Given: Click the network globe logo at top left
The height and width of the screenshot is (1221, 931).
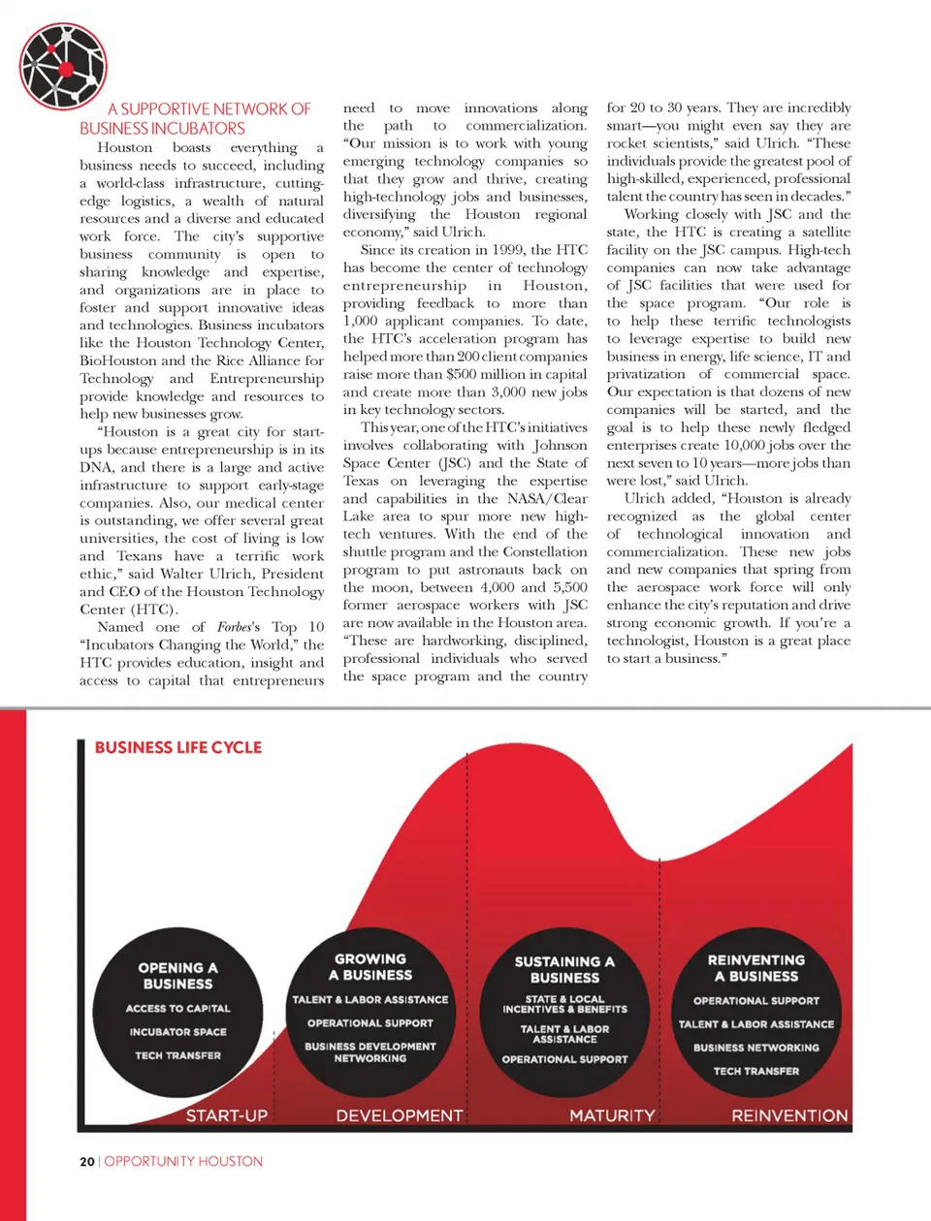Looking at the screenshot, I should pos(63,66).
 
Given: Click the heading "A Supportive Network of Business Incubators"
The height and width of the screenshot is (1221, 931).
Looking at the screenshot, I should pos(195,118).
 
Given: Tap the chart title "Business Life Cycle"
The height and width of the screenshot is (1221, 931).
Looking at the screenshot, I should pos(178,747).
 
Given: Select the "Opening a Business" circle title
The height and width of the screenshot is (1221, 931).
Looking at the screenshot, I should pos(177,975).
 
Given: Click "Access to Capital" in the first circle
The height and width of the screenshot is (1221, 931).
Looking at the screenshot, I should pos(177,1009).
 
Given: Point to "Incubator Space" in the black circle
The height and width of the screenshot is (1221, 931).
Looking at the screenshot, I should pos(177,1032).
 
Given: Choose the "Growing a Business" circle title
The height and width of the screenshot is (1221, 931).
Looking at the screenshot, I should pos(370,966).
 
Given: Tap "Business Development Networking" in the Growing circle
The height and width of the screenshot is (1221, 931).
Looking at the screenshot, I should pos(370,1052).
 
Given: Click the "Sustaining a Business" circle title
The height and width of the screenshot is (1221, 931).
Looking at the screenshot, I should pos(564,969).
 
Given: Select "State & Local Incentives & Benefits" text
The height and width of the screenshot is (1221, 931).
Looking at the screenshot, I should pos(564,1004).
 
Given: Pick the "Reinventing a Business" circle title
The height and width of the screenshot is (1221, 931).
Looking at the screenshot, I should pos(756,968).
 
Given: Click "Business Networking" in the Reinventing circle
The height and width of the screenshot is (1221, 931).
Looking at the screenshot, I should pos(756,1048).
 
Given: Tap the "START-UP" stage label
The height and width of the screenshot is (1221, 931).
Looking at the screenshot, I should pos(227,1115).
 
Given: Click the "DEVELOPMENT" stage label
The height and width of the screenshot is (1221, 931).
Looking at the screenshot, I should pos(400,1115).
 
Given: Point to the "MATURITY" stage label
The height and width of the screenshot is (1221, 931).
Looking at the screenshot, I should pos(612,1115).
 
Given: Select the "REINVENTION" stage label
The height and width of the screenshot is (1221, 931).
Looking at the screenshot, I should pos(789,1115).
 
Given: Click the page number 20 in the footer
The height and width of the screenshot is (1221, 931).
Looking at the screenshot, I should pos(87,1161).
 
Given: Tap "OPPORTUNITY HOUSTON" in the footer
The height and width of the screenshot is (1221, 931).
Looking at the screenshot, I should pos(183,1161).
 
